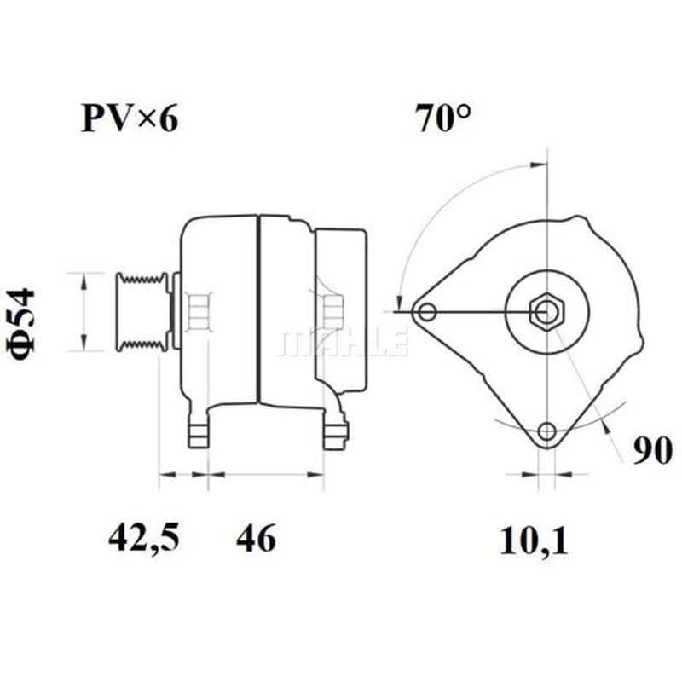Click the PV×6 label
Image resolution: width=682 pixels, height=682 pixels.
pos(130,118)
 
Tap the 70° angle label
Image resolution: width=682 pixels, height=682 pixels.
pos(442,118)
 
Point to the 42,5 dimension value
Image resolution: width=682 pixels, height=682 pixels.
pos(143,538)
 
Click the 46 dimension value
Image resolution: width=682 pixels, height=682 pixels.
pos(256,538)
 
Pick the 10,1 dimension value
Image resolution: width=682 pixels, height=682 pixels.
pos(534,540)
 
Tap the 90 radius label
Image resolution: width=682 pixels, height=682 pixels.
pos(652,451)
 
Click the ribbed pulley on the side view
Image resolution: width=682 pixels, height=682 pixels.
pos(142,311)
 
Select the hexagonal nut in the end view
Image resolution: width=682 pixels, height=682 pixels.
pos(546,313)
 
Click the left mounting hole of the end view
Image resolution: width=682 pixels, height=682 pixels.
pos(427,312)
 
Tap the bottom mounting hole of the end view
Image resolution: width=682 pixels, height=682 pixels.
pos(546,431)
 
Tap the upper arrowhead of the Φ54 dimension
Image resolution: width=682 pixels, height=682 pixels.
pos(84,281)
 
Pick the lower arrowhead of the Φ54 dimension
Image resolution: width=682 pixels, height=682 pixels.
pos(84,343)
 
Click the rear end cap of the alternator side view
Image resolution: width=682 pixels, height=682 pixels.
pos(341,311)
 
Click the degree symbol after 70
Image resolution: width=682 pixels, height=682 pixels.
pos(464,112)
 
